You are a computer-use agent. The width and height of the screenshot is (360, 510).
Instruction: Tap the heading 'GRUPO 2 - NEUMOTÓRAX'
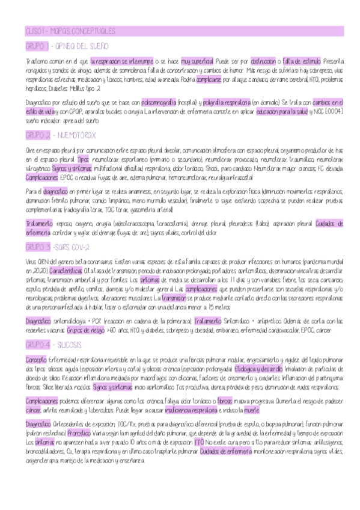tap(60, 135)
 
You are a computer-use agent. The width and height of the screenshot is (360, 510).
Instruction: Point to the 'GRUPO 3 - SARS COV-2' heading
tap(58, 248)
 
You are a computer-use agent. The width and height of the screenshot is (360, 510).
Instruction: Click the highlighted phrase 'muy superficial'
tap(197, 61)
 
